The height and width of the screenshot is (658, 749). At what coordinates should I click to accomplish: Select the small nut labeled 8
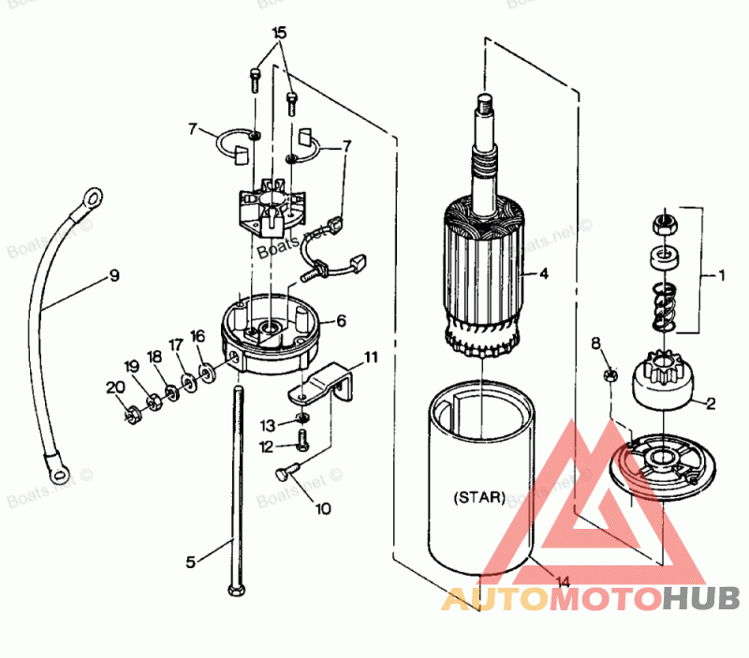610,375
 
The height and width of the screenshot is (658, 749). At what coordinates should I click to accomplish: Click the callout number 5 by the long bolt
191,562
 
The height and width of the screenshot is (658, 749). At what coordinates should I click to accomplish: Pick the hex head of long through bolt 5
233,591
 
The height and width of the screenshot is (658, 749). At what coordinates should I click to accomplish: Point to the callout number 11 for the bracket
371,357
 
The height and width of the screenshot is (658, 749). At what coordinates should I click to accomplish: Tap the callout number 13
267,425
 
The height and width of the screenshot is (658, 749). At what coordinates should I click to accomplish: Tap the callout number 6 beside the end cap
341,320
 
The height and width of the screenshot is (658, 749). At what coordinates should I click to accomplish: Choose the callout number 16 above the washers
198,336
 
